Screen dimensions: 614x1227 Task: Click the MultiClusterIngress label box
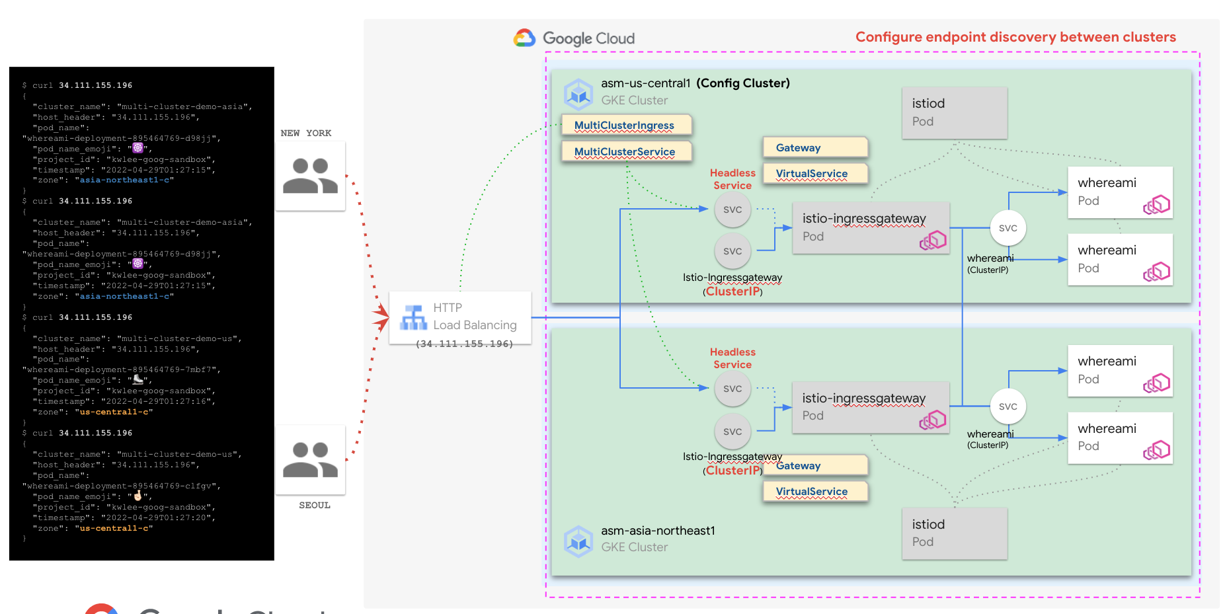pos(625,125)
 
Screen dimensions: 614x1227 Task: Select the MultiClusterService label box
pos(626,151)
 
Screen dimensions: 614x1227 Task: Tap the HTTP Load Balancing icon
pos(414,317)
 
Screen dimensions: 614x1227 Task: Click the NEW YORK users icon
pos(310,176)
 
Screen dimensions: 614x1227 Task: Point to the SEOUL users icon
pos(310,459)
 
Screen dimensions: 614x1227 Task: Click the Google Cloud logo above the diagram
pos(574,38)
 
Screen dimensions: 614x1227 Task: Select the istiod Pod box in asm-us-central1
pos(954,112)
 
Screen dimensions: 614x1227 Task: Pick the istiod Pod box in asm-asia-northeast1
pos(954,533)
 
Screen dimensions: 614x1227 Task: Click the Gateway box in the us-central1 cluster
pos(814,147)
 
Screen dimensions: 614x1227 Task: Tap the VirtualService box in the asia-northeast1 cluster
pos(814,491)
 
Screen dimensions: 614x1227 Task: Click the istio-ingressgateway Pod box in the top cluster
pos(871,227)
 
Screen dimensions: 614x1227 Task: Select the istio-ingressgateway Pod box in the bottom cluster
pos(871,407)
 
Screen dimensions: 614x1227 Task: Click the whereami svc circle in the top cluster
pos(1008,228)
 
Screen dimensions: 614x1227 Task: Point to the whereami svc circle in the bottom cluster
pos(1008,406)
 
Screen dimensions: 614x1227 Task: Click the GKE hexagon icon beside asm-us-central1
pos(578,94)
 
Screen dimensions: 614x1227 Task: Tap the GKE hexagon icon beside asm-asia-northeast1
pos(578,541)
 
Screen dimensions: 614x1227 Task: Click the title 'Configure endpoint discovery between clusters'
pos(1015,37)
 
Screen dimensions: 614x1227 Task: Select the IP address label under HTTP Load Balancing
pos(465,344)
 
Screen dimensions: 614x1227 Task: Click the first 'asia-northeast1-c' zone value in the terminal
pos(126,180)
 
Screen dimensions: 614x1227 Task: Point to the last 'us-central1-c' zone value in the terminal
pos(114,528)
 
